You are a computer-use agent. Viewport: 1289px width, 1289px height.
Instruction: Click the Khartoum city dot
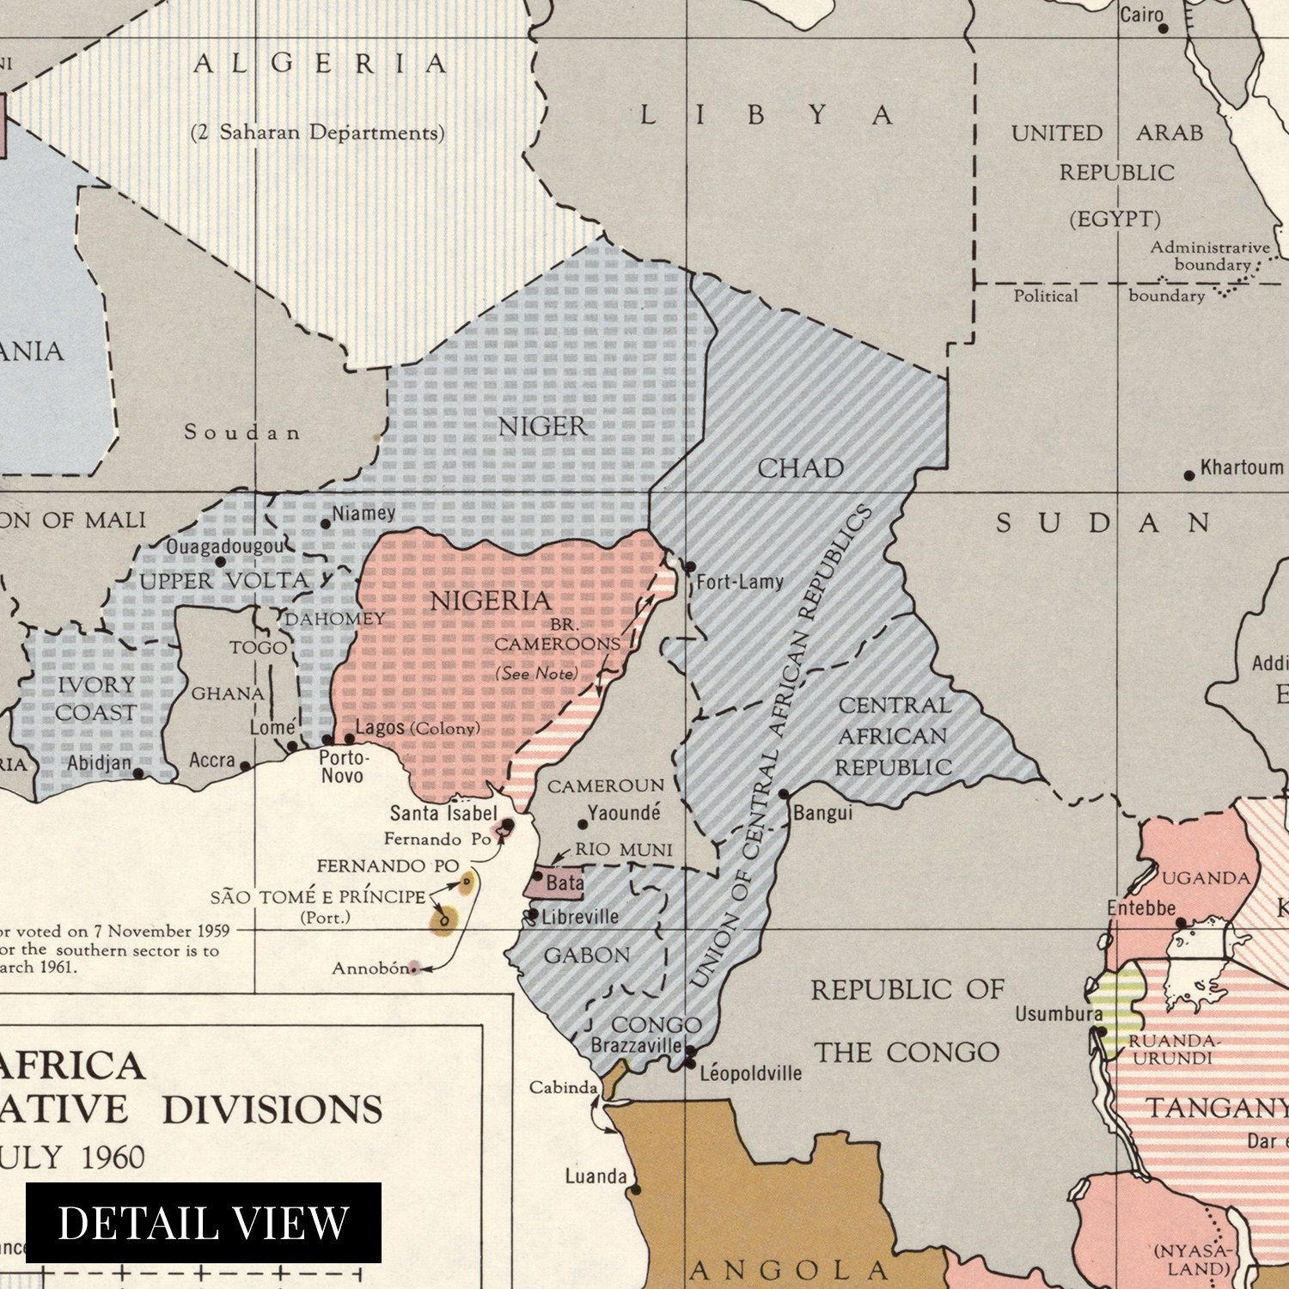click(x=1189, y=475)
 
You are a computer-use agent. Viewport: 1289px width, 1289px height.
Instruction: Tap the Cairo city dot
click(x=1164, y=28)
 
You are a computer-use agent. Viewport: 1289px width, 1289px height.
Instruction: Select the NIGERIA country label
click(x=490, y=601)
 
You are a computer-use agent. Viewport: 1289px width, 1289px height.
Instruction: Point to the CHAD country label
click(x=800, y=468)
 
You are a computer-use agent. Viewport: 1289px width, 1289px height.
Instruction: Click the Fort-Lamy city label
click(x=740, y=582)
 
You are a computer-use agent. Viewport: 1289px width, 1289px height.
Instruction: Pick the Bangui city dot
click(x=784, y=794)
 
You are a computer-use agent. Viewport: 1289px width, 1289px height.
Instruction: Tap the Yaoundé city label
click(x=624, y=813)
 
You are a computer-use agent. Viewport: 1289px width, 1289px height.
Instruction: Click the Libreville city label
click(x=580, y=917)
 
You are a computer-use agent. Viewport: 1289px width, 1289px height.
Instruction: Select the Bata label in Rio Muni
click(x=564, y=883)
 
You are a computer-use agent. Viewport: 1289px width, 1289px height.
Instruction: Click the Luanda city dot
click(x=635, y=1190)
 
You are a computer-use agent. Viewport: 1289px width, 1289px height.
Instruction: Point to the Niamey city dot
click(x=326, y=523)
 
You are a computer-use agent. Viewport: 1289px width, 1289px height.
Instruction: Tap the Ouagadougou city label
click(x=224, y=547)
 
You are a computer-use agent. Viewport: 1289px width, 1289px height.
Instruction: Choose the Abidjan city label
click(x=100, y=763)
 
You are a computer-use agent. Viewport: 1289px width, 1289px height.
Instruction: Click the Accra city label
click(x=212, y=760)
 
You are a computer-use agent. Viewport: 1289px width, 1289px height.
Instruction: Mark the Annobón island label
click(x=370, y=968)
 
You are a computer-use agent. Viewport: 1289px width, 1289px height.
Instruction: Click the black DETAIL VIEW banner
click(x=203, y=1222)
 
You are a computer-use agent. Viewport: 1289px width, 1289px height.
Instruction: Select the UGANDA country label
click(x=1206, y=877)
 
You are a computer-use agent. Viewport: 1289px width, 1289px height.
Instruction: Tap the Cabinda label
click(x=563, y=1087)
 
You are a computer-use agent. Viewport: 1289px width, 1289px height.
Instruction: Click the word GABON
click(x=587, y=955)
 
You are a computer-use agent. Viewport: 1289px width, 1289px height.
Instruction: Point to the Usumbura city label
click(x=1059, y=1014)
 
